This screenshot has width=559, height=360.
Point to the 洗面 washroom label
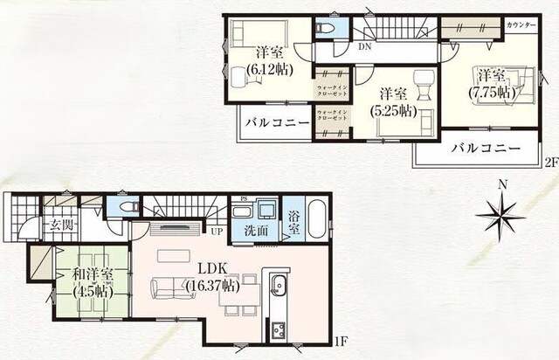(x=255, y=232)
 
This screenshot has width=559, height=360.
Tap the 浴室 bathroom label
(x=293, y=223)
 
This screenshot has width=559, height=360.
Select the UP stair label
(x=214, y=231)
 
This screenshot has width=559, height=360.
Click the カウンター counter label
(x=521, y=25)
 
